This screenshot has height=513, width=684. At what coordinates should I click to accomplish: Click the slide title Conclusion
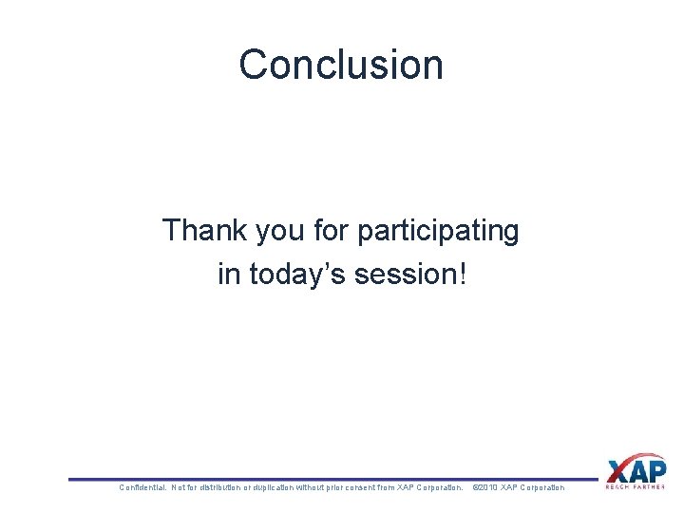click(341, 65)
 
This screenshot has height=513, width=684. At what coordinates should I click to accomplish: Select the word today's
click(297, 275)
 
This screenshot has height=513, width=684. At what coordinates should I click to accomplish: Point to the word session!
click(410, 275)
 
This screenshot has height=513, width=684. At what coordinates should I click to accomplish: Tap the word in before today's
click(228, 275)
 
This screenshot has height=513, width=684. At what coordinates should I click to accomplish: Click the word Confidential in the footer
click(141, 487)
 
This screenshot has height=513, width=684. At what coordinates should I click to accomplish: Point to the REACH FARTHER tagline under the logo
click(636, 487)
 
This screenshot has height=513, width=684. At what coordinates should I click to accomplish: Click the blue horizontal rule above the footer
click(332, 479)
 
